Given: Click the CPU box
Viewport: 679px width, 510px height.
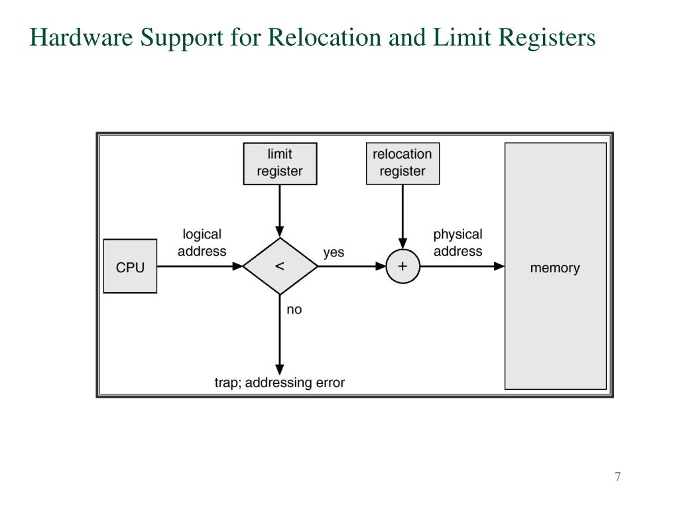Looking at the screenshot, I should (x=130, y=266).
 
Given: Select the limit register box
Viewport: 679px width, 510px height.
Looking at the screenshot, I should (x=280, y=163).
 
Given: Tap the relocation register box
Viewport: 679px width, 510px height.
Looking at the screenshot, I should (x=402, y=163).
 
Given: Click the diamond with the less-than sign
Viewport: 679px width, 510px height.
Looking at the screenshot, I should (x=280, y=266).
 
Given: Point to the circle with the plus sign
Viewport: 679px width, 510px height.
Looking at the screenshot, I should (x=402, y=266).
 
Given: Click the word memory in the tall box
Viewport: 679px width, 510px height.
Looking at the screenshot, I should (x=555, y=268).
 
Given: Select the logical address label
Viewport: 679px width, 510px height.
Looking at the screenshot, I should (x=202, y=243).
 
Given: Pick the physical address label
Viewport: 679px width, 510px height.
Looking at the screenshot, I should (x=458, y=243).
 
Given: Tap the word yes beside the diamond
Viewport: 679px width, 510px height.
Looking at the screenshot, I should (x=334, y=253).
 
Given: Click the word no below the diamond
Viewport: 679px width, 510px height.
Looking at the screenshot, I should (x=294, y=309).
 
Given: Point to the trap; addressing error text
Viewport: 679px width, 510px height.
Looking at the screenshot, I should (x=279, y=383).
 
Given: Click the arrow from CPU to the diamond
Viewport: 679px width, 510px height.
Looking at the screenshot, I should (x=199, y=266).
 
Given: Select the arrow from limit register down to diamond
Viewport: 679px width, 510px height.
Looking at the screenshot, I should (x=280, y=209).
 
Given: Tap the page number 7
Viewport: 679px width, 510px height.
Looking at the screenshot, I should (x=617, y=477).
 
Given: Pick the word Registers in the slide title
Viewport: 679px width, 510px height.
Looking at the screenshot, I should (x=538, y=39).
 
